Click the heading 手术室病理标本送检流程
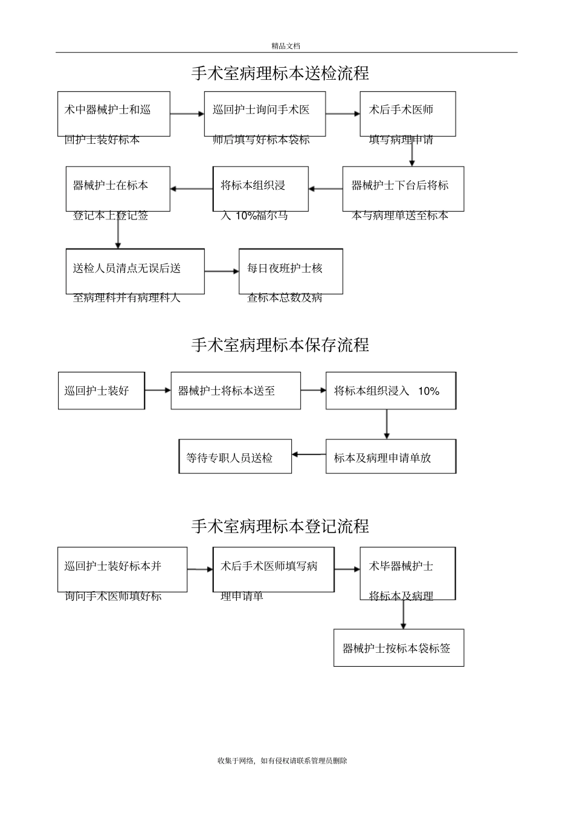(280, 74)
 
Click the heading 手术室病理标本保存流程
(280, 345)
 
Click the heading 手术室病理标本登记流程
(280, 526)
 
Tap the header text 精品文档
(286, 46)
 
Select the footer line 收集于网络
(282, 761)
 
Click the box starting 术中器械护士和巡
(114, 114)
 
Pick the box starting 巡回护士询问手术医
(265, 114)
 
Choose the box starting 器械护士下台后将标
(403, 189)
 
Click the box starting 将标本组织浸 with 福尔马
(260, 189)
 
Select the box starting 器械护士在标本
(118, 189)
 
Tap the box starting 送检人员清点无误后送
(135, 271)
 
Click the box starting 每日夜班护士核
(291, 271)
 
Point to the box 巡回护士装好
(102, 391)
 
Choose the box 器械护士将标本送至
(236, 391)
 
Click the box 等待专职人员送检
(235, 457)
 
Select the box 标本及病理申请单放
(391, 457)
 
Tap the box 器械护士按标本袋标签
(399, 649)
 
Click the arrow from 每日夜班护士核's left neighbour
(222, 271)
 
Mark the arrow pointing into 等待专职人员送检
(309, 455)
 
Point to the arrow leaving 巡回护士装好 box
(158, 390)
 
